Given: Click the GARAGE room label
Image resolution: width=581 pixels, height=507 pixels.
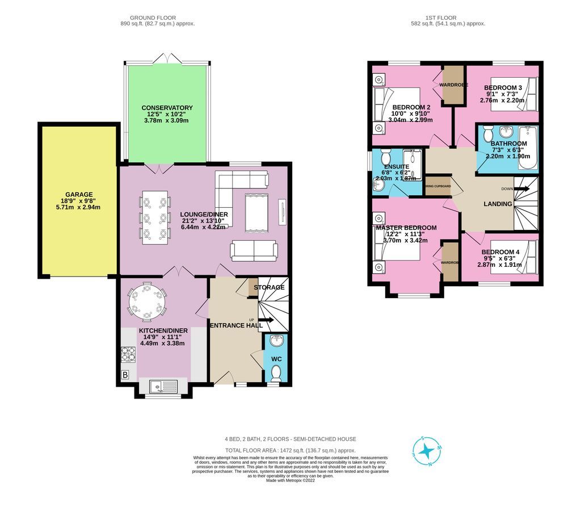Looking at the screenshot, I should coord(78,194).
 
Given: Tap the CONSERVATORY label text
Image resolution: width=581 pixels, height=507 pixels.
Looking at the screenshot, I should coord(167,108).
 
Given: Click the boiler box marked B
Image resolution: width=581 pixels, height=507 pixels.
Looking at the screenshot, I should coord(125,375).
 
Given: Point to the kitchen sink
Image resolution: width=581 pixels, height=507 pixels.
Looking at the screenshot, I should coord(163,387).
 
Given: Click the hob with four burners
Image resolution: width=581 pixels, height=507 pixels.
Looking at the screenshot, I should coord(128,354).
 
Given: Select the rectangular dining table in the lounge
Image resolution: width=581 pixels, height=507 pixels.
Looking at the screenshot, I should coord(154,216).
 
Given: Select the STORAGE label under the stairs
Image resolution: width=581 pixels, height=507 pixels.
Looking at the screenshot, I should coord(269,287).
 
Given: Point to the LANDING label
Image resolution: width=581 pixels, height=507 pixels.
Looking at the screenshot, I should coord(498,204).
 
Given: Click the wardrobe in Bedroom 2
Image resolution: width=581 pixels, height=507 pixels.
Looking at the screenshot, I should coord(453,85).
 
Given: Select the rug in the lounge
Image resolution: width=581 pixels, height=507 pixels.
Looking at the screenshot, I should coord(255,213).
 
